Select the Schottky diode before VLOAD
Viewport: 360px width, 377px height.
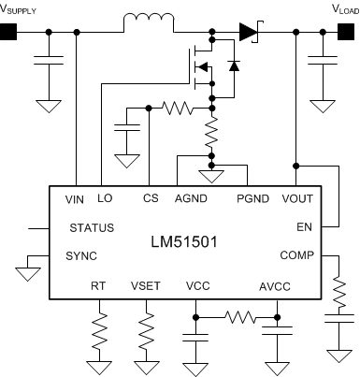pyautogui.click(x=248, y=32)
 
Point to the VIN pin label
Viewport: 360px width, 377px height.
pyautogui.click(x=76, y=199)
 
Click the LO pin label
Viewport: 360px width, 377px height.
pyautogui.click(x=105, y=199)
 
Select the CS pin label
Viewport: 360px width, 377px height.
pyautogui.click(x=150, y=199)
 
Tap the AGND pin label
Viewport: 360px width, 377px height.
pyautogui.click(x=191, y=199)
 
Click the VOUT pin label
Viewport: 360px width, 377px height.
pyautogui.click(x=297, y=199)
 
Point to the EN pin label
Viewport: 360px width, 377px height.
pyautogui.click(x=305, y=226)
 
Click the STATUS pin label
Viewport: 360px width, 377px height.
pyautogui.click(x=92, y=227)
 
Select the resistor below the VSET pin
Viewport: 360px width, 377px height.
pyautogui.click(x=147, y=329)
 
